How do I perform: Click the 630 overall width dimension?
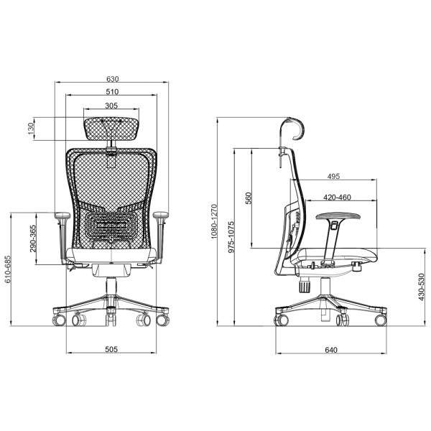(x=113, y=79)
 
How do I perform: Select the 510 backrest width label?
(x=112, y=91)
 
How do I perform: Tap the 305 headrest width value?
(x=111, y=106)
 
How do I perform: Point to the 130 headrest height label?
(x=30, y=129)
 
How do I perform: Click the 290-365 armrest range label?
(x=33, y=238)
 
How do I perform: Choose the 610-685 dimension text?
(x=7, y=269)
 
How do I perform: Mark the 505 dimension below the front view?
(x=111, y=349)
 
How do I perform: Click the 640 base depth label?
(x=331, y=350)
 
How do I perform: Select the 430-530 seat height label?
(x=421, y=287)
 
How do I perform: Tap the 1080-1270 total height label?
(x=214, y=221)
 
